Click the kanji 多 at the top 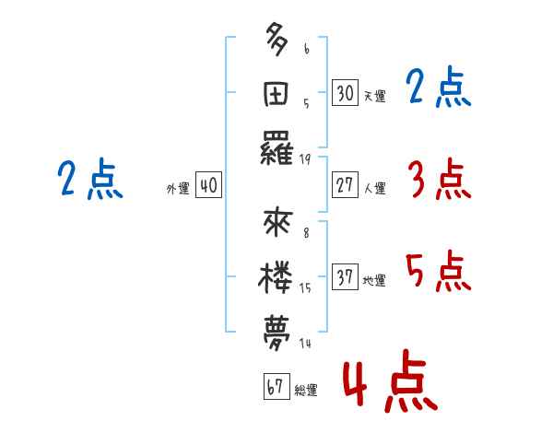[x=277, y=42]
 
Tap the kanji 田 [x=277, y=95]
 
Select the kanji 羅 [x=277, y=150]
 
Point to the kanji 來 [x=277, y=226]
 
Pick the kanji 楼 [x=277, y=279]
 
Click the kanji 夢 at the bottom [x=277, y=333]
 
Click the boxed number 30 [x=345, y=93]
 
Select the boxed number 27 [x=345, y=185]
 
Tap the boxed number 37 [x=345, y=277]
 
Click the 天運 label [x=373, y=96]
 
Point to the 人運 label [x=373, y=188]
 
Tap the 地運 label [x=373, y=280]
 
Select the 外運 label [x=178, y=188]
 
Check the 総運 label [x=305, y=390]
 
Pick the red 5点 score [x=439, y=271]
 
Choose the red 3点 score [x=439, y=179]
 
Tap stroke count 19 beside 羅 [x=304, y=158]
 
